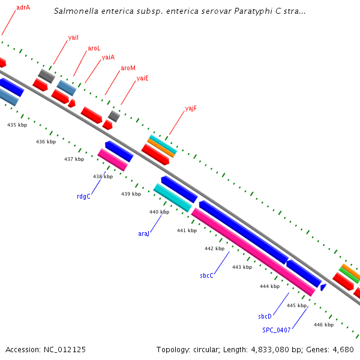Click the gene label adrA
(x=23, y=8)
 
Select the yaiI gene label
(x=73, y=37)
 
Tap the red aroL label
(x=94, y=47)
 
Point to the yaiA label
(x=108, y=58)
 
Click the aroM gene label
(x=128, y=68)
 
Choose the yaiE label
(x=142, y=78)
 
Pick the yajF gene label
(x=191, y=109)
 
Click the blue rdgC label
(x=83, y=196)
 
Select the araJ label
(x=144, y=233)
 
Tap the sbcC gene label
(x=207, y=275)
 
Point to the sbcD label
(x=265, y=316)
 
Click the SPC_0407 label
(x=276, y=329)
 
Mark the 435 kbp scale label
(x=17, y=125)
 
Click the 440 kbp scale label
(x=159, y=212)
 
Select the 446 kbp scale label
(x=323, y=325)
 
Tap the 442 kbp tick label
(x=214, y=248)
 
